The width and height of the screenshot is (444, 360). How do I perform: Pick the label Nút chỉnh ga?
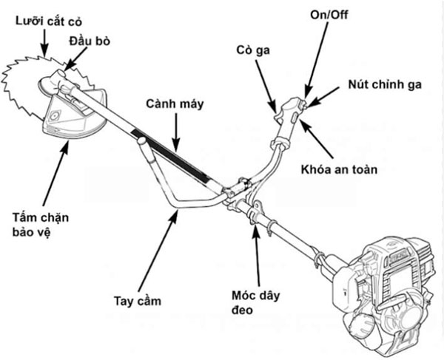coord(385,84)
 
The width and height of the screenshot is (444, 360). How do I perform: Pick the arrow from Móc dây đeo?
coord(257,254)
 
